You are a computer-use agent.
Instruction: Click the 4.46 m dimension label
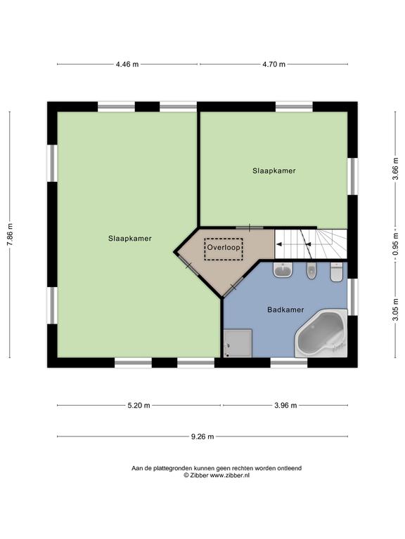127,64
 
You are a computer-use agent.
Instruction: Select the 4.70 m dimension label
274,64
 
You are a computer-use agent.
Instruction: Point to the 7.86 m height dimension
10,234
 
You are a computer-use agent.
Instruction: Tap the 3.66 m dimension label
396,168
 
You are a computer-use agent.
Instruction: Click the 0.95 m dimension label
396,244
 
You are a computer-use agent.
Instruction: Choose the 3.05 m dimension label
396,310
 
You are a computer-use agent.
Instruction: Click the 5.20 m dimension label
139,405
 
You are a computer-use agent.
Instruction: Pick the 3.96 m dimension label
285,405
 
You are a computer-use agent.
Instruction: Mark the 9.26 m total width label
202,437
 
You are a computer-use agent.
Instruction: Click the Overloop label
224,247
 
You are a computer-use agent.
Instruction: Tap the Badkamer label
285,310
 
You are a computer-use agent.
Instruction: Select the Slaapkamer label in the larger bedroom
130,238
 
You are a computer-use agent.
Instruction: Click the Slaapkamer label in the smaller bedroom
274,171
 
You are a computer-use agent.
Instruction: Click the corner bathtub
321,333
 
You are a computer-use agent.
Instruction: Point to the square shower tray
238,343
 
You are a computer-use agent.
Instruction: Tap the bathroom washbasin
283,269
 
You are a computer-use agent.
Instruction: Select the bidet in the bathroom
311,271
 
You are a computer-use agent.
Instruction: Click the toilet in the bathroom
336,272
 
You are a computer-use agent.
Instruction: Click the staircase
311,244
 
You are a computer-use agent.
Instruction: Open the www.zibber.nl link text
229,475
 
